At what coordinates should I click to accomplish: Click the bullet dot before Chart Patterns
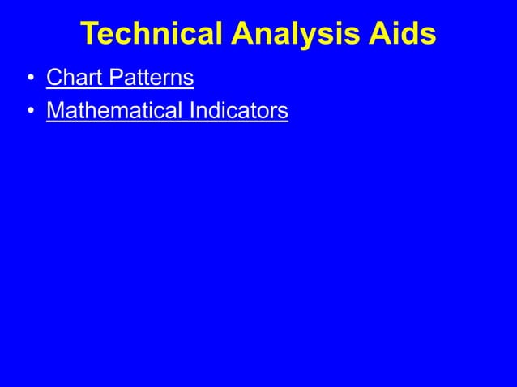coord(29,79)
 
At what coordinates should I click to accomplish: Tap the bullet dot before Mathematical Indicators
coord(29,110)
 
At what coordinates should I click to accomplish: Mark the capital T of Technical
coord(91,34)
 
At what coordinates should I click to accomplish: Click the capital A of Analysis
coord(242,34)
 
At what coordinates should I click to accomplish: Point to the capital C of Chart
coord(54,78)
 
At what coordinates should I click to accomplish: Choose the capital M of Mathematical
coord(56,109)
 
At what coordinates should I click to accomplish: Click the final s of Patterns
coord(189,79)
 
